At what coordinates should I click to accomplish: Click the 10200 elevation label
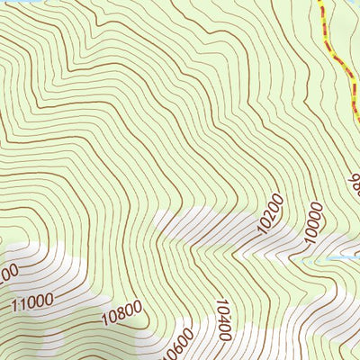[270, 213]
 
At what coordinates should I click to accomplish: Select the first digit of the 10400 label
[225, 339]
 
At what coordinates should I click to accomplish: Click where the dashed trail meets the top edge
[320, 2]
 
